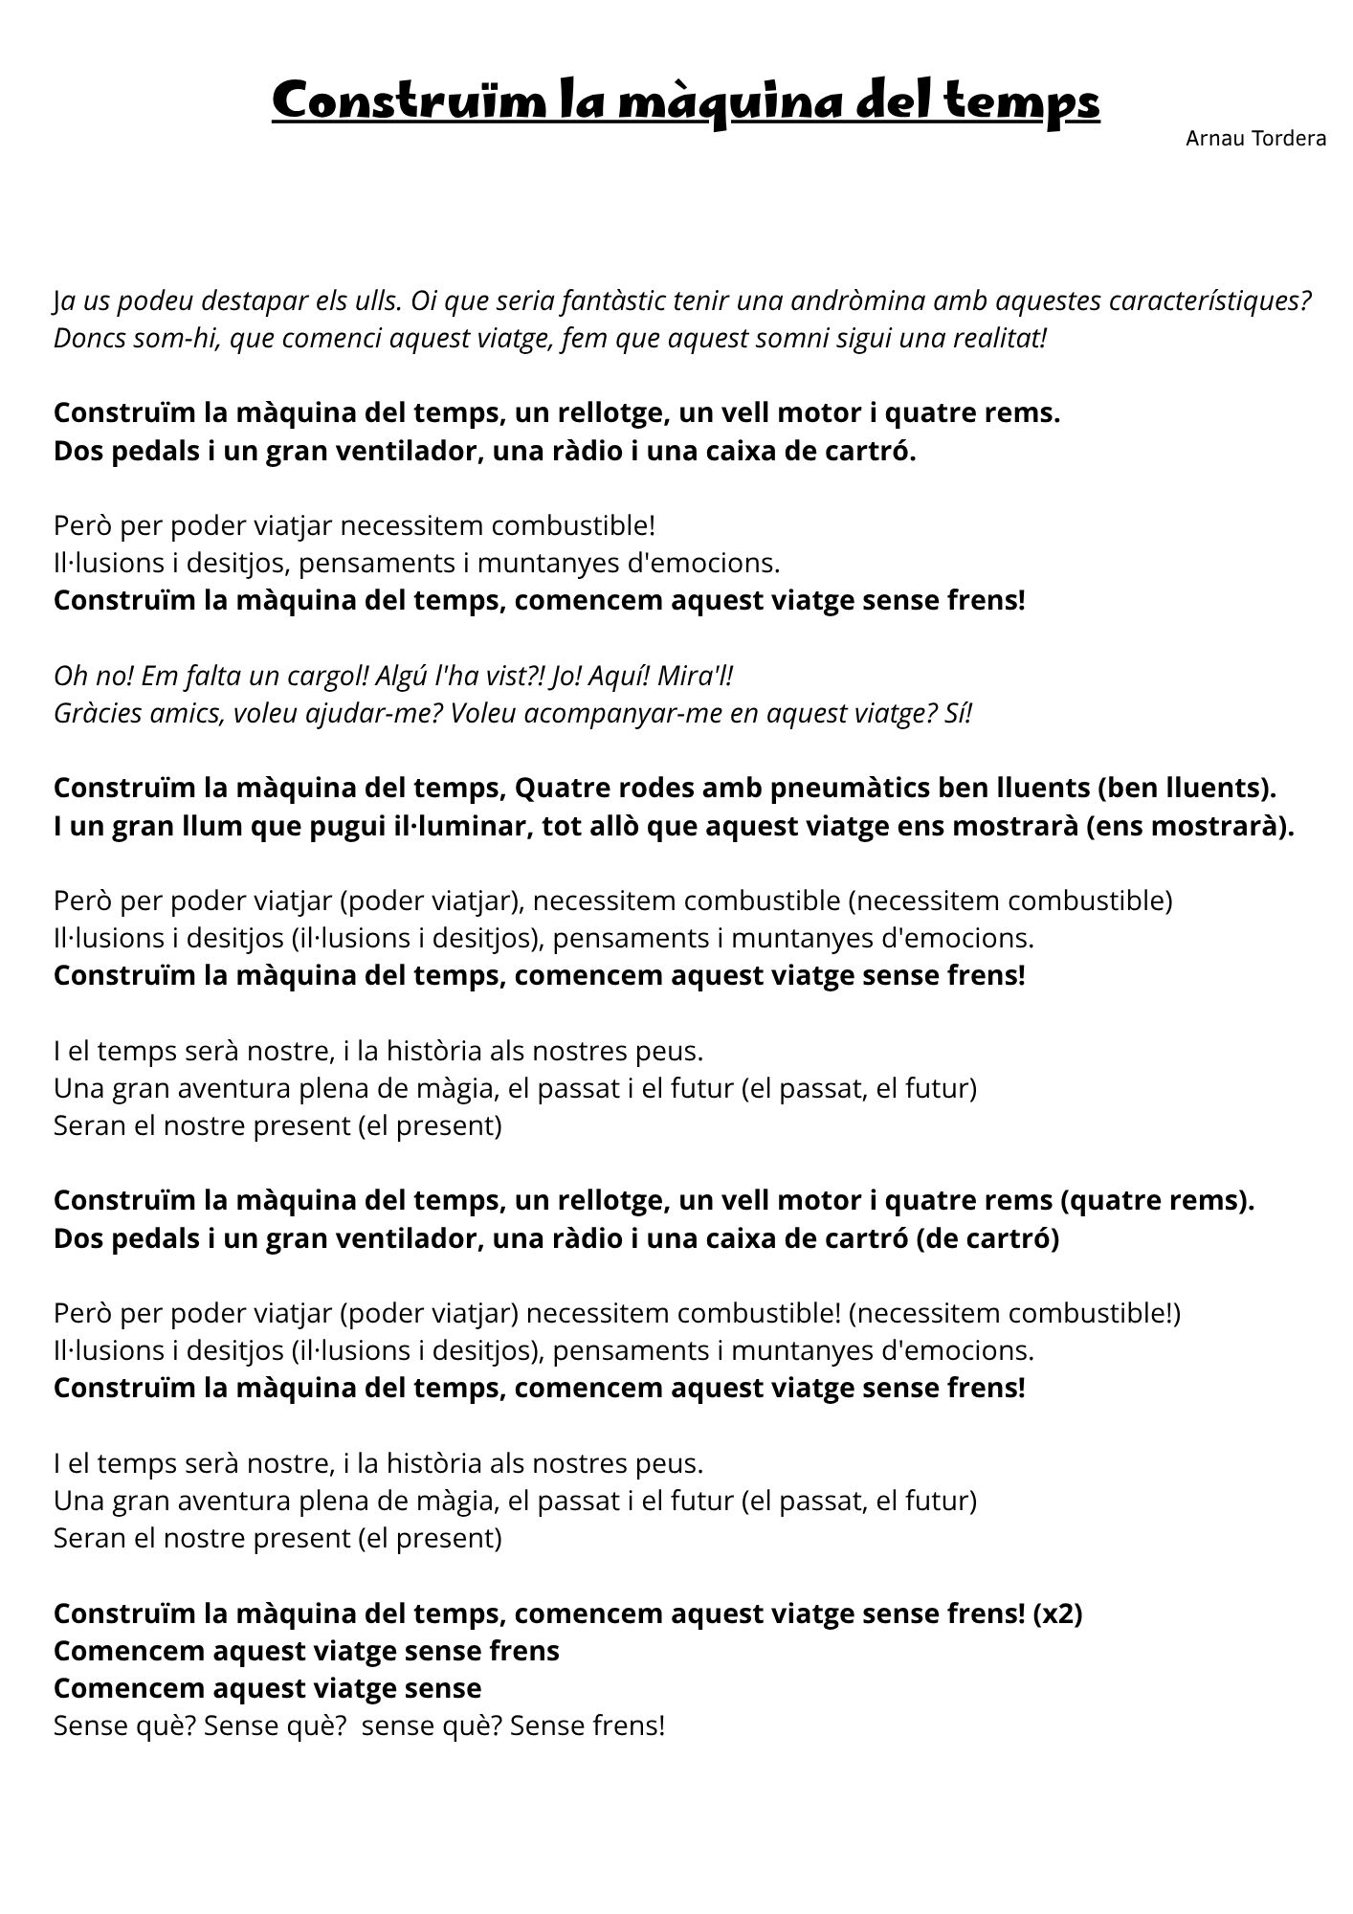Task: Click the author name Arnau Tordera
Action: point(1255,139)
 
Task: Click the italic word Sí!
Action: point(958,713)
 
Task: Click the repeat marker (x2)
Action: point(1057,1613)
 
